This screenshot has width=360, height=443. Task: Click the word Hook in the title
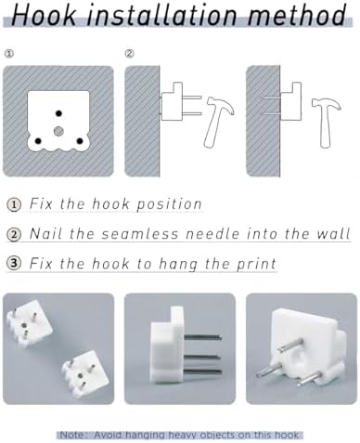click(44, 15)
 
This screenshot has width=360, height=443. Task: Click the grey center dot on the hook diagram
click(58, 131)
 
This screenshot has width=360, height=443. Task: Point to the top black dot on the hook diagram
click(58, 113)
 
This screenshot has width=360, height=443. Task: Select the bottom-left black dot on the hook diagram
click(38, 141)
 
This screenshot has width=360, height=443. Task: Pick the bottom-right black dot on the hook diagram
click(80, 141)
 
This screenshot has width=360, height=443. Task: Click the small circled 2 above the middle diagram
click(129, 54)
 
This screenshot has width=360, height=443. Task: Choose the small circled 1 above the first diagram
click(9, 54)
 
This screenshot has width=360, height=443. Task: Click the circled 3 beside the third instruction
click(14, 264)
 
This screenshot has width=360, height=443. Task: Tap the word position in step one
click(169, 204)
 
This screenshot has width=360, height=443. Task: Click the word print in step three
click(256, 264)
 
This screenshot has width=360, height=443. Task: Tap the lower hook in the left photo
click(85, 372)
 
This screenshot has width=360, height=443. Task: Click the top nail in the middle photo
click(203, 337)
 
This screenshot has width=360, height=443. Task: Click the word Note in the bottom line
click(71, 435)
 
